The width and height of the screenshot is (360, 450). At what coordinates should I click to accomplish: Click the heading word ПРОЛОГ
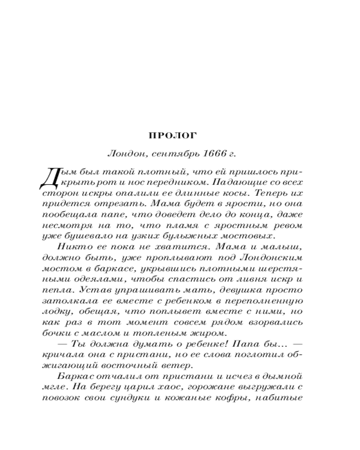pyautogui.click(x=166, y=135)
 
